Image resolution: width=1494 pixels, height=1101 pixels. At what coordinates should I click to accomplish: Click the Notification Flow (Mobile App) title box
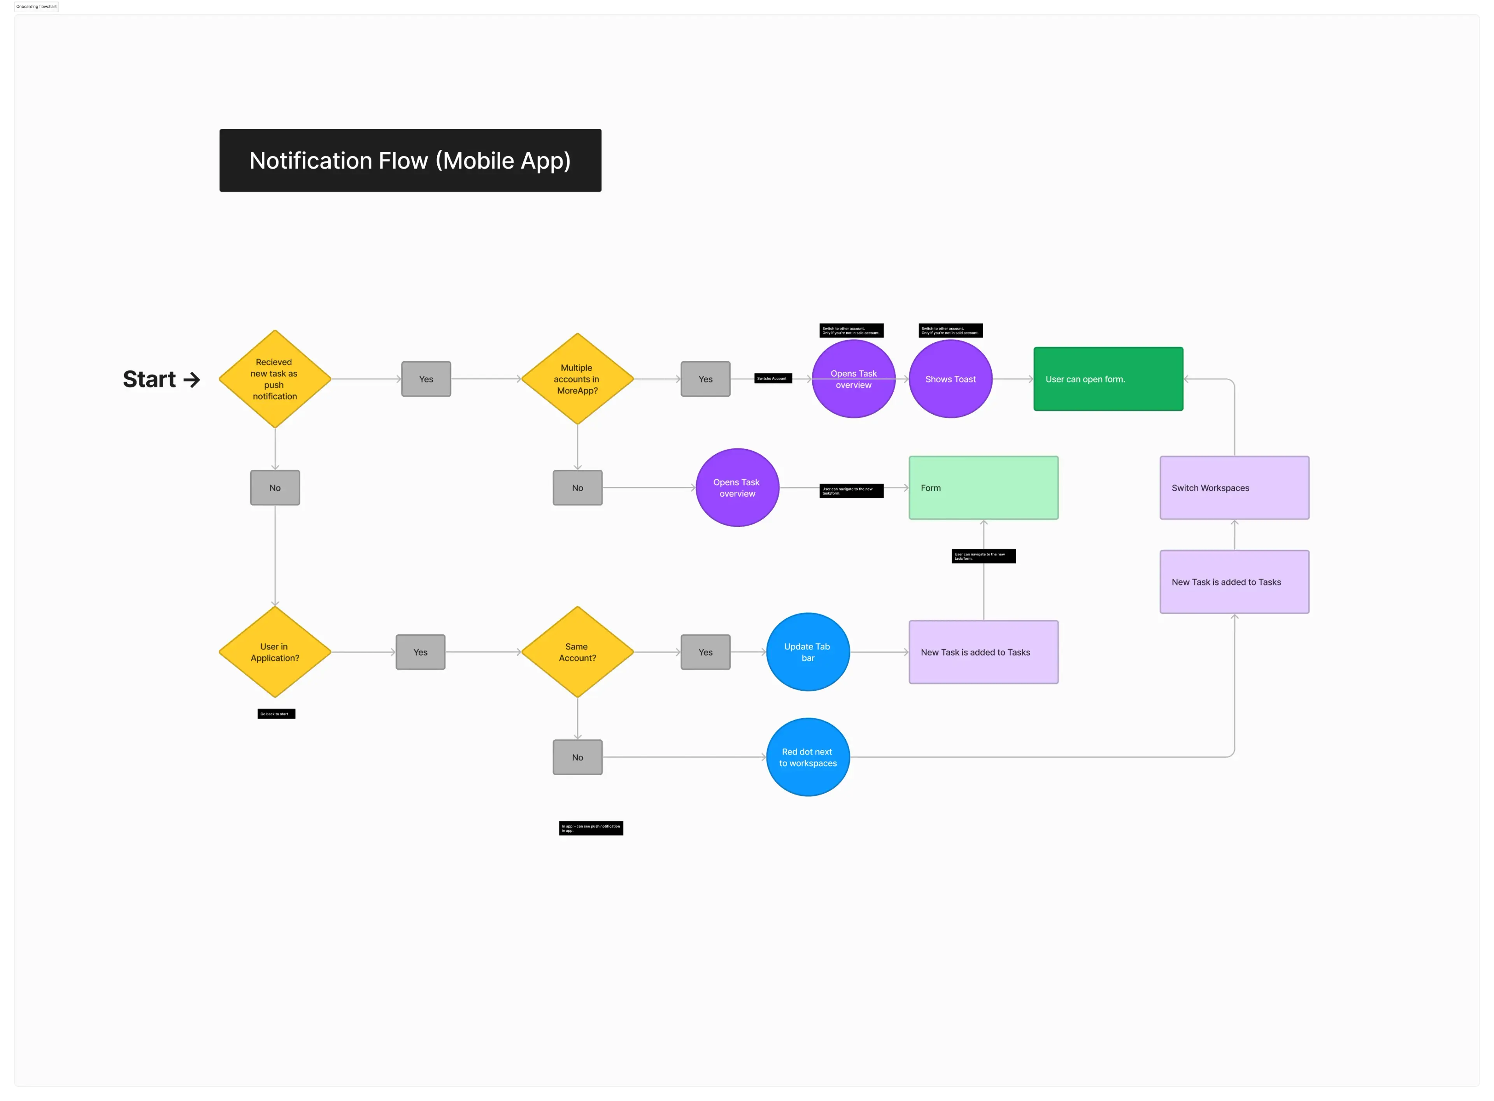pyautogui.click(x=410, y=161)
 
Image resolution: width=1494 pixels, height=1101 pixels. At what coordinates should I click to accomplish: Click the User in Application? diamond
pyautogui.click(x=274, y=652)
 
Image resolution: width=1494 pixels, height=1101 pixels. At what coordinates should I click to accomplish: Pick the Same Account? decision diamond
pyautogui.click(x=577, y=652)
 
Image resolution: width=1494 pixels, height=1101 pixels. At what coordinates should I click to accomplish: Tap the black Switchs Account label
pyautogui.click(x=773, y=378)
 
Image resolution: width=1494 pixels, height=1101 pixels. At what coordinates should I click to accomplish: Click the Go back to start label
pyautogui.click(x=276, y=714)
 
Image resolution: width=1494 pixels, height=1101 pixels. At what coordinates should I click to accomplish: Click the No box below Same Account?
pyautogui.click(x=577, y=757)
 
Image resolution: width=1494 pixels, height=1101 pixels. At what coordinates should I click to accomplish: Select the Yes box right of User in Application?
pyautogui.click(x=420, y=652)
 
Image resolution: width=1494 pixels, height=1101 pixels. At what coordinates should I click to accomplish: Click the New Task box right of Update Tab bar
pyautogui.click(x=983, y=652)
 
